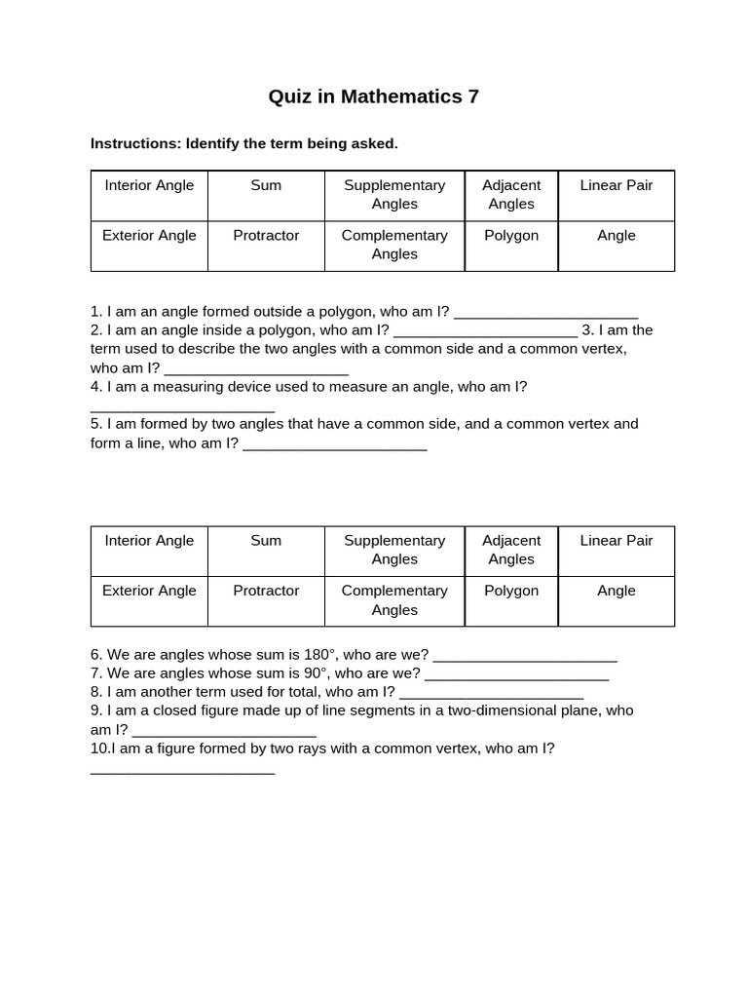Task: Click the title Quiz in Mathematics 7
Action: pos(374,96)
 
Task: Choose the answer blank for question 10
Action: pos(182,770)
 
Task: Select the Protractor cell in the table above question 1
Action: pos(266,236)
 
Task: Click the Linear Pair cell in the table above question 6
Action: pos(617,541)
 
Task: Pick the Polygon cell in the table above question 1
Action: pos(511,236)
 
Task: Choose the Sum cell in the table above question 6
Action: pos(266,541)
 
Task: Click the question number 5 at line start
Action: pos(95,424)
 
